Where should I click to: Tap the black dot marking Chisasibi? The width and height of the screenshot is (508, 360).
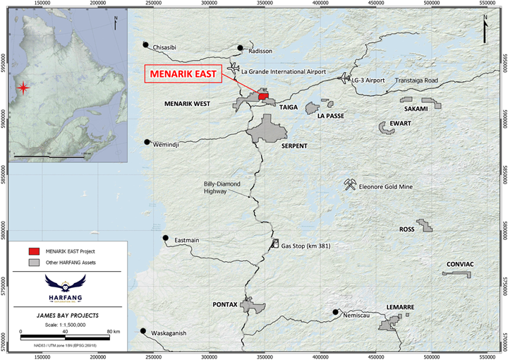coord(146,44)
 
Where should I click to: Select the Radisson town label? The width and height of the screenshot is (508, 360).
coord(260,51)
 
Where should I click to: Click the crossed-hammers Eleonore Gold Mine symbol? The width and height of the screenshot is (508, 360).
coord(349,185)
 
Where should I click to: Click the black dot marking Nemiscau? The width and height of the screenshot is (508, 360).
coord(336,311)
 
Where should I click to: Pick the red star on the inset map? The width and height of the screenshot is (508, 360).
coord(24,88)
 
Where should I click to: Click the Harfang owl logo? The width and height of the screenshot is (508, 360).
coord(62,284)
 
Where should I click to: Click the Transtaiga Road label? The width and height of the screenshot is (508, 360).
coord(417,80)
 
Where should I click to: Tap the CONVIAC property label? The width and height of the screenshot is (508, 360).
coord(461,265)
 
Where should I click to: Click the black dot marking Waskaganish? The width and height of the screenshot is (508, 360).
coord(143,331)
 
